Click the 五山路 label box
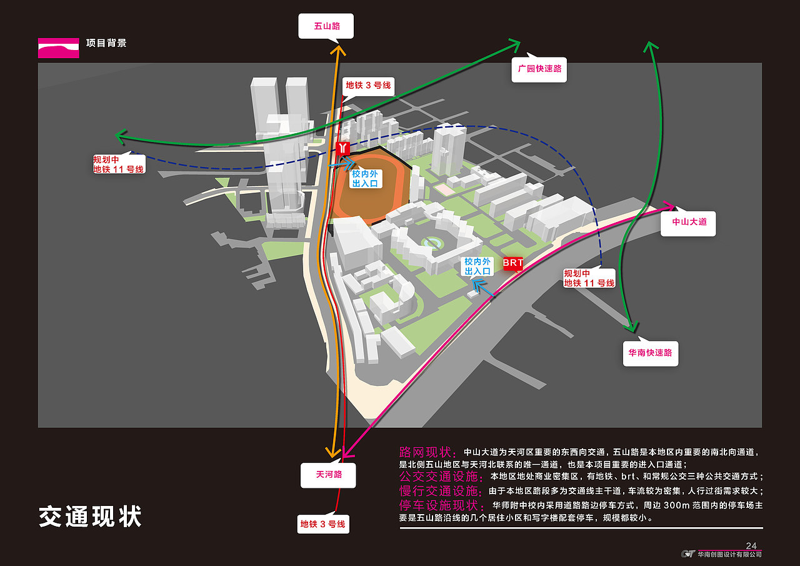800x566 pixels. click(326, 27)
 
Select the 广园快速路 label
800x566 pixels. click(539, 69)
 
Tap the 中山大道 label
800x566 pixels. click(689, 223)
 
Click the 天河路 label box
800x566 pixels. click(329, 475)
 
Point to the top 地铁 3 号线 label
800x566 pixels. click(368, 85)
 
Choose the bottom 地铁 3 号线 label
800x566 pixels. click(322, 524)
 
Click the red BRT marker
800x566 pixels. click(513, 263)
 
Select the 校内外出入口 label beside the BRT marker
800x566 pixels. click(478, 266)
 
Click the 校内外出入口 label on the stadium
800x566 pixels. click(365, 179)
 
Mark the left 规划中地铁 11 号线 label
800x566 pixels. click(118, 164)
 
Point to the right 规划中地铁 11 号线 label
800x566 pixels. click(589, 278)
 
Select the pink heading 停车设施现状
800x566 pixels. click(442, 505)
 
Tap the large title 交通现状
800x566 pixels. click(91, 517)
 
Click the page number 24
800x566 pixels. click(751, 545)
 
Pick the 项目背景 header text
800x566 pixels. click(106, 43)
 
